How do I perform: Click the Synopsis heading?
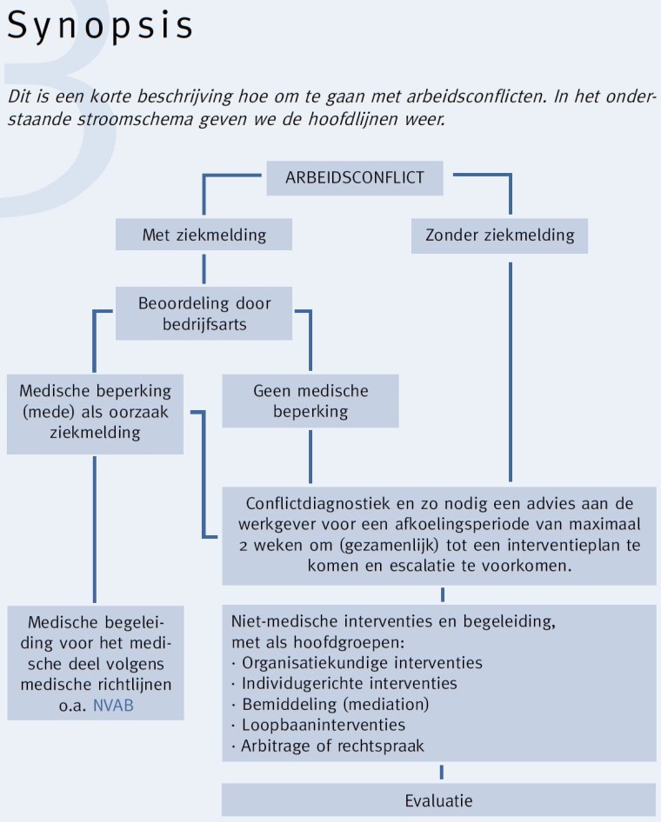(x=100, y=26)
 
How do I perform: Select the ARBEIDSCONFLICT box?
(x=355, y=178)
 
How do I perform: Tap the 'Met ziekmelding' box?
(x=204, y=235)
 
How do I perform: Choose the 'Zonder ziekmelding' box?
(x=499, y=235)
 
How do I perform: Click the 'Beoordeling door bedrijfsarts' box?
(x=204, y=314)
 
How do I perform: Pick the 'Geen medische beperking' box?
(x=310, y=401)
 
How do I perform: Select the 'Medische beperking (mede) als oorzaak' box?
(x=95, y=411)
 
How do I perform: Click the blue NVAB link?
(x=113, y=706)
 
